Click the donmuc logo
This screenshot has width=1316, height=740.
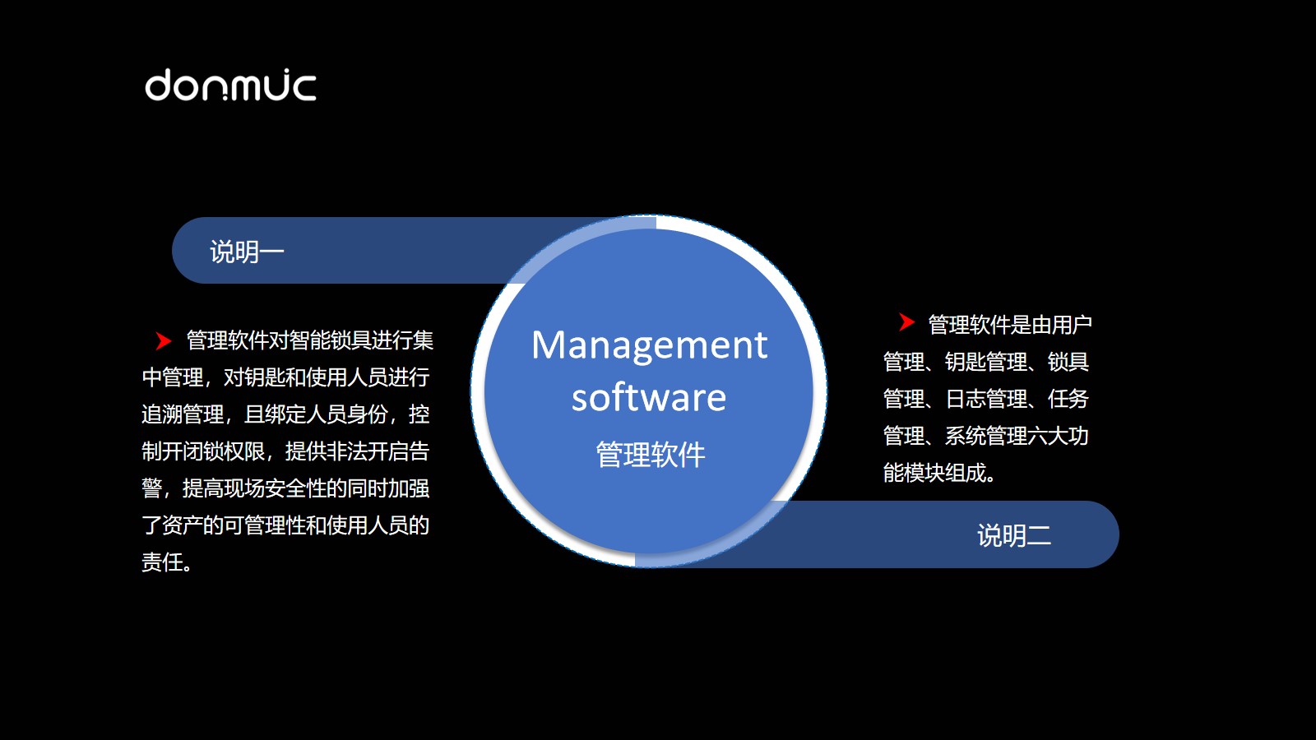(x=231, y=86)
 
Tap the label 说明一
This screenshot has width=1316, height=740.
(x=247, y=252)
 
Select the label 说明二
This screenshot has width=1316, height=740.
(x=1014, y=535)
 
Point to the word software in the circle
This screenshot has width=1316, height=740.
(x=649, y=398)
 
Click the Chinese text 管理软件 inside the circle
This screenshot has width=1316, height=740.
(x=651, y=455)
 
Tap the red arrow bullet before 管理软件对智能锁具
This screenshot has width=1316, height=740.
(x=163, y=340)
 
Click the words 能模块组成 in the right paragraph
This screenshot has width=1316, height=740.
(x=934, y=473)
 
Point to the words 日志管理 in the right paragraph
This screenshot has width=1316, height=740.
(x=986, y=399)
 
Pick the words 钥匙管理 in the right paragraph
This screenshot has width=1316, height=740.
(x=986, y=362)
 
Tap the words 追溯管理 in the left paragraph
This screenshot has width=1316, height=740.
(x=183, y=414)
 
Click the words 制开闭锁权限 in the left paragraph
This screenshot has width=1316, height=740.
(x=203, y=451)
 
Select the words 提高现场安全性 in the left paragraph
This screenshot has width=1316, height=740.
(x=254, y=488)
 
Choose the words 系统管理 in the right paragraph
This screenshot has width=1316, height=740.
(x=986, y=436)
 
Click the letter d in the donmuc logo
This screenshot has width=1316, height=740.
(x=159, y=86)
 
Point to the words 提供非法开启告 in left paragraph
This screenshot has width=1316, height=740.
(x=357, y=451)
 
